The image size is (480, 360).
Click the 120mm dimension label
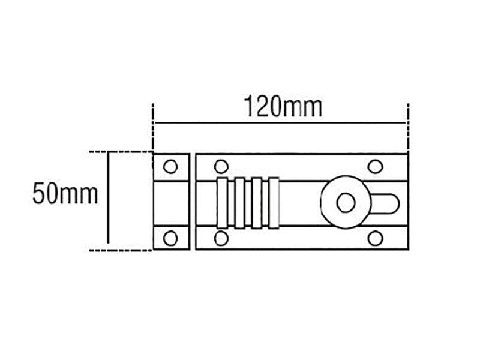point(283,107)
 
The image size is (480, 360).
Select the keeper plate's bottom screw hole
point(170,238)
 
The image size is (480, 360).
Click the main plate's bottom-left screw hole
point(221,238)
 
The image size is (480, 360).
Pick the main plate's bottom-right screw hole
point(376,238)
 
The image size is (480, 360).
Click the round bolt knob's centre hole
point(346,203)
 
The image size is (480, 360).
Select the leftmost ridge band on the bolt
point(222,203)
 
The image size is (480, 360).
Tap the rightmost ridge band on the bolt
point(274,203)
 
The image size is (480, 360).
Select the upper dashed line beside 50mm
point(120,152)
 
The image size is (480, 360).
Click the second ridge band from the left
point(239,203)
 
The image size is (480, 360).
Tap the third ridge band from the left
point(257,203)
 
